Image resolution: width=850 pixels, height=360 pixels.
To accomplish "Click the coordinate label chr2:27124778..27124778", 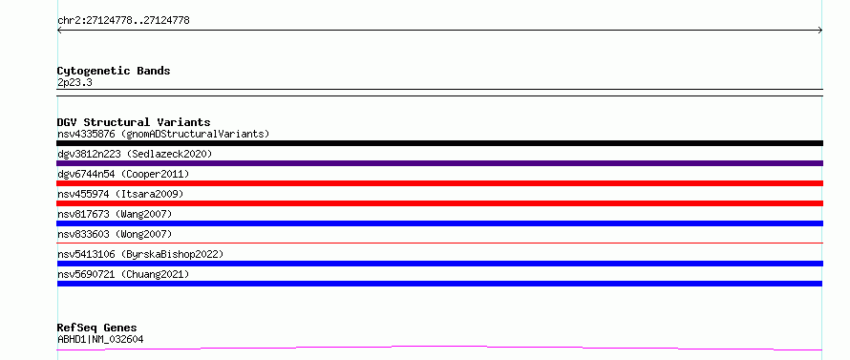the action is (x=123, y=21).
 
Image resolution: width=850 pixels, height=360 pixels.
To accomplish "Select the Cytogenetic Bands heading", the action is (x=114, y=71).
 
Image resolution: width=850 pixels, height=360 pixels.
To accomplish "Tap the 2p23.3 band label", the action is (x=74, y=82).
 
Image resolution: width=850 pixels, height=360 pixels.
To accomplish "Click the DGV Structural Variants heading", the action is (x=134, y=122).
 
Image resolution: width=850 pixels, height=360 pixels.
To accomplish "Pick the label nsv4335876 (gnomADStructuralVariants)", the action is (x=163, y=134).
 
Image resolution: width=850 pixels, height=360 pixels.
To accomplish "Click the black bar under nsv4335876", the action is (x=439, y=143).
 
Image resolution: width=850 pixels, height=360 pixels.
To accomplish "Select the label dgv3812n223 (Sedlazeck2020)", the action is (x=135, y=154).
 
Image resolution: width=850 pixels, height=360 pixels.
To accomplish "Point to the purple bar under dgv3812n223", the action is (x=439, y=163).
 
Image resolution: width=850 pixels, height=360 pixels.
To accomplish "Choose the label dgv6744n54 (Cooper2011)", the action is (x=123, y=174).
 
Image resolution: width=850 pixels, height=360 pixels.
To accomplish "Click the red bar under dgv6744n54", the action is (x=439, y=183).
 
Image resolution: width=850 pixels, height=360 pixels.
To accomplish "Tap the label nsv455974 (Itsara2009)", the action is (x=120, y=194).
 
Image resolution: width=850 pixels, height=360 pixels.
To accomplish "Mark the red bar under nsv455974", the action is (x=439, y=203).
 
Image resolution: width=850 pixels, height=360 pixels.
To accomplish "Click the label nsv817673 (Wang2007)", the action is (x=115, y=214).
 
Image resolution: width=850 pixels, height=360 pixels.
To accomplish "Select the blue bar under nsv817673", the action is (x=439, y=223).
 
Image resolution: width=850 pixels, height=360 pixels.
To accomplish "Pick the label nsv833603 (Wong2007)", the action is (x=115, y=234).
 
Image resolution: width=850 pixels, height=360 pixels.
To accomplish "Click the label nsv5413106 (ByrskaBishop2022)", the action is (x=140, y=254).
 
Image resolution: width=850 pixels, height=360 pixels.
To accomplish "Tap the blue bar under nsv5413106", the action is (x=439, y=264).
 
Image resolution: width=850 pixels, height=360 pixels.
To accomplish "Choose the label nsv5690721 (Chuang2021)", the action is (x=123, y=274).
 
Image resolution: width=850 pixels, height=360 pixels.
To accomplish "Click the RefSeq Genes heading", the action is (x=96, y=328).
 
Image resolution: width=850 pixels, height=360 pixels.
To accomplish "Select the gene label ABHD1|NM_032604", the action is (x=100, y=339).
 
